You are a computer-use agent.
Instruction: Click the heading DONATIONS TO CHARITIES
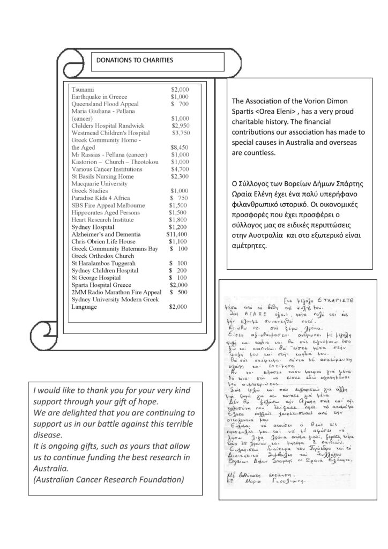(135, 60)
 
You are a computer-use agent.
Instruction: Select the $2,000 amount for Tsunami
(180, 89)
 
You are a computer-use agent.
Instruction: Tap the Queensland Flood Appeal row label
(105, 103)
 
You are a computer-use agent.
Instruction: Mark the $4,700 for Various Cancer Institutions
(180, 169)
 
